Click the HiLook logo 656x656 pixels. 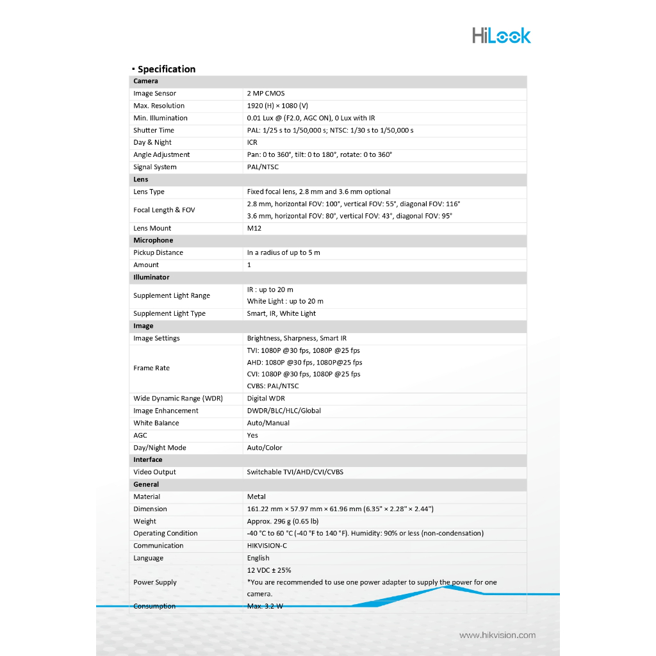pos(502,35)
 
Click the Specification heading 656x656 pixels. pos(166,69)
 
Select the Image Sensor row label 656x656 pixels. pos(154,94)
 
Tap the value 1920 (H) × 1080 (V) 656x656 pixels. pos(277,106)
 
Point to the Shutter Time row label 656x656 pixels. pos(154,130)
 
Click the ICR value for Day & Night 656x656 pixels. pos(252,142)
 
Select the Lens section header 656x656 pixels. pos(141,179)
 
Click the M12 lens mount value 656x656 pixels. pos(254,228)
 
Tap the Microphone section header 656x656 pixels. pos(153,240)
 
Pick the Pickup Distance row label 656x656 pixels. pos(158,252)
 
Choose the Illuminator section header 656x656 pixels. pos(151,277)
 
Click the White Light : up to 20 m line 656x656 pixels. pos(285,301)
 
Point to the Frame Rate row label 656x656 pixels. pos(151,368)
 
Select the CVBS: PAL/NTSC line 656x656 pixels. pos(273,386)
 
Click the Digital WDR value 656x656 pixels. pos(266,398)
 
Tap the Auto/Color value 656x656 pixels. pos(265,448)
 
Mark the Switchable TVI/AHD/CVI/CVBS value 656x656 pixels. pos(295,472)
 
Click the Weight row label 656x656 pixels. pos(145,521)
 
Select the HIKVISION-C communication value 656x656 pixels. pos(267,546)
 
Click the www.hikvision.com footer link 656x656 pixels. pos(497,635)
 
